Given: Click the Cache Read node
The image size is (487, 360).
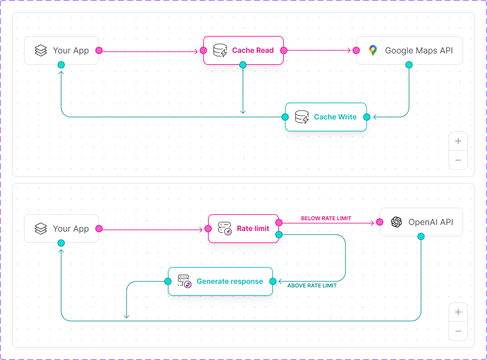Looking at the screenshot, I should (243, 50).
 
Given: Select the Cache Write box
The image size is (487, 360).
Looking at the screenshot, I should (326, 117).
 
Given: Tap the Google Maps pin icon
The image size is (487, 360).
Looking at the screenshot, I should (373, 50).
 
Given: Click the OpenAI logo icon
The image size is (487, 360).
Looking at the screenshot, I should (396, 222).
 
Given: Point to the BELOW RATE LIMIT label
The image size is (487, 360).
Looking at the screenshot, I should (326, 218).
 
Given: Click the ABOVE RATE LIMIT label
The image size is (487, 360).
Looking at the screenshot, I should (312, 286).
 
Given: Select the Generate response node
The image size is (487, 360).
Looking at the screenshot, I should (220, 281).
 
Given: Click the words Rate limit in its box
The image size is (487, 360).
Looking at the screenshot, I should (253, 229).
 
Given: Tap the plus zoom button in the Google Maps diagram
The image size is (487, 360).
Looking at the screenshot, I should (458, 142).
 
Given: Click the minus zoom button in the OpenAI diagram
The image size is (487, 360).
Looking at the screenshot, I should (458, 331).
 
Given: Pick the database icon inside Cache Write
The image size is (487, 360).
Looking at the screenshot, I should (302, 117).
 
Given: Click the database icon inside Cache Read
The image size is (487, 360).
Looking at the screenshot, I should (220, 50).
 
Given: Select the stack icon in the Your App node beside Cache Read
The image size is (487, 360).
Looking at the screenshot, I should (41, 50).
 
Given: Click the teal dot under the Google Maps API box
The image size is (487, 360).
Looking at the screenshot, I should (409, 64).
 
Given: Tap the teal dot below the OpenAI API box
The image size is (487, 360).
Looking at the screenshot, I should (421, 236).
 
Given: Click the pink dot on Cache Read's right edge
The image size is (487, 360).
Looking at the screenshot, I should (283, 50).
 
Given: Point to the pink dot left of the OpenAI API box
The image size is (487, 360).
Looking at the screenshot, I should (380, 222).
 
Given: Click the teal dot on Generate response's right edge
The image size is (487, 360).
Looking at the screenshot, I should (273, 281).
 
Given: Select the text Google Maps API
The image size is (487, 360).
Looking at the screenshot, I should (419, 50).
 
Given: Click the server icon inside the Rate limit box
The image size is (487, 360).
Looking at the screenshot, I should (225, 229).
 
